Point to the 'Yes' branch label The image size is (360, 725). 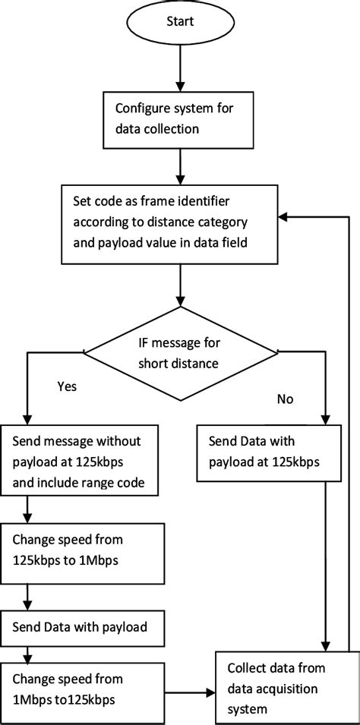(68, 386)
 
